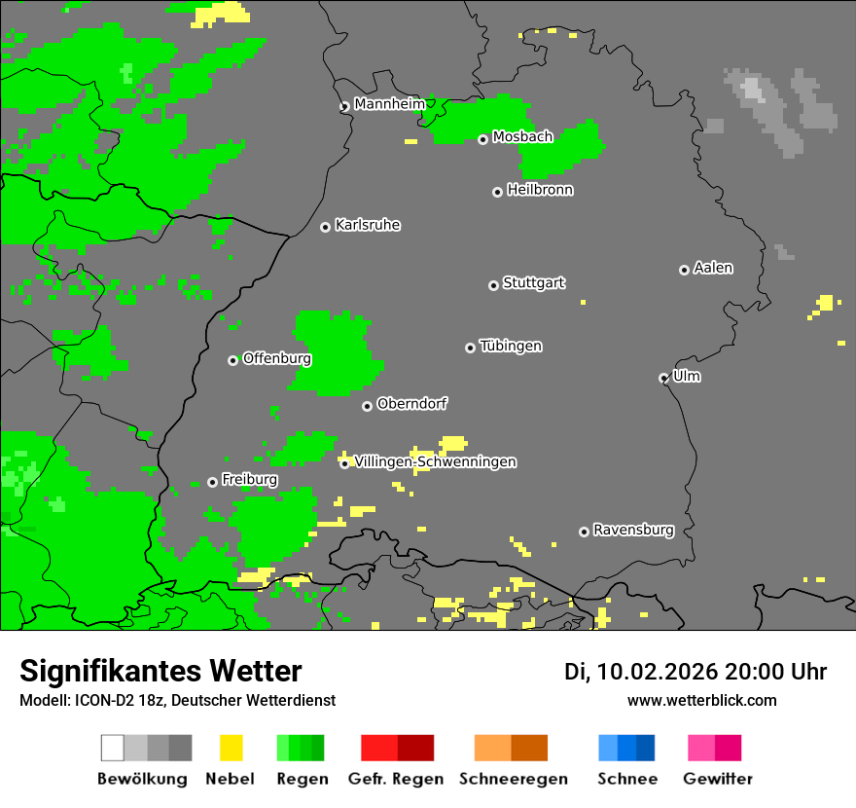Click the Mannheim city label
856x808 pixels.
[389, 104]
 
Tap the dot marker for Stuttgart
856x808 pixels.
[493, 285]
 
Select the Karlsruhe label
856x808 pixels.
[367, 225]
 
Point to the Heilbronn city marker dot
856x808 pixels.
[497, 192]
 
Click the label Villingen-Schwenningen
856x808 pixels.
[435, 461]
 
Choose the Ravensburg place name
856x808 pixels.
[633, 530]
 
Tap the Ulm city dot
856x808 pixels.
[663, 378]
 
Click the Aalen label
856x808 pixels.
[713, 268]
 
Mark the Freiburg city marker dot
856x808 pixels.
[212, 482]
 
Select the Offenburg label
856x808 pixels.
[276, 358]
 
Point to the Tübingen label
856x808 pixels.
[511, 346]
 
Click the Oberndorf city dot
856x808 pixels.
[367, 406]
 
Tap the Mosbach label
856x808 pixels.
[522, 137]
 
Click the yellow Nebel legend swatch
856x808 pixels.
[231, 748]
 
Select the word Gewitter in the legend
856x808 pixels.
[717, 779]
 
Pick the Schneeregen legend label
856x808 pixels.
[513, 779]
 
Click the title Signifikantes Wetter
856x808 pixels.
[160, 671]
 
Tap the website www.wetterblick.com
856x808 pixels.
[701, 700]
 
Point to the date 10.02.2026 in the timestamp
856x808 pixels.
[657, 671]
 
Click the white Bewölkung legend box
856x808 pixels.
[112, 748]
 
